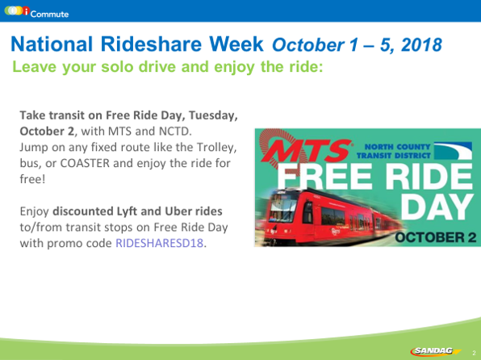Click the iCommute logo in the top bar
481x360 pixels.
[x=36, y=12]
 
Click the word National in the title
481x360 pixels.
[x=52, y=44]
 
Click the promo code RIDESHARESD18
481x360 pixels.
[x=160, y=243]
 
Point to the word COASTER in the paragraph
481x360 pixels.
[x=85, y=163]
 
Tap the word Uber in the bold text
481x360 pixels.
[x=178, y=211]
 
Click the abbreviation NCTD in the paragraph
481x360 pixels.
[x=175, y=132]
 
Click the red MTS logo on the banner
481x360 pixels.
[x=307, y=151]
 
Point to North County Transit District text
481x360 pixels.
[x=394, y=151]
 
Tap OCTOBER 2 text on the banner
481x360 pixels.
[x=436, y=237]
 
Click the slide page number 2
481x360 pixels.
[x=474, y=353]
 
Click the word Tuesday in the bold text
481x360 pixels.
[x=213, y=115]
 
